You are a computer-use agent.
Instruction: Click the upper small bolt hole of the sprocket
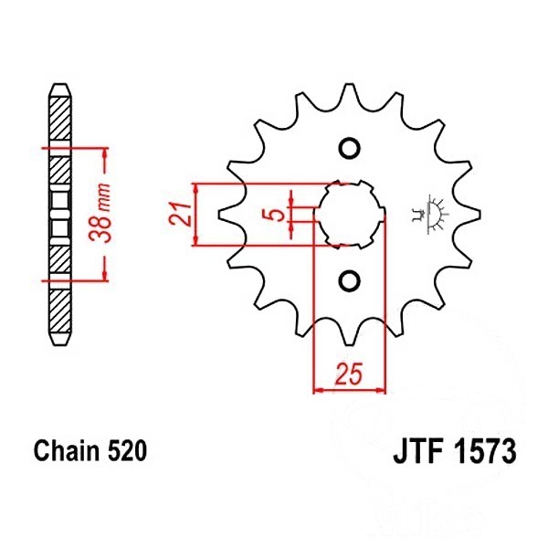pyautogui.click(x=347, y=149)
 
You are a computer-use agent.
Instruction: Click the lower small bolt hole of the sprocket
pyautogui.click(x=347, y=279)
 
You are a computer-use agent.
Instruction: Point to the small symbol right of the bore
pyautogui.click(x=427, y=214)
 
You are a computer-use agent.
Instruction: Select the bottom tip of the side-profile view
pyautogui.click(x=59, y=340)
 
